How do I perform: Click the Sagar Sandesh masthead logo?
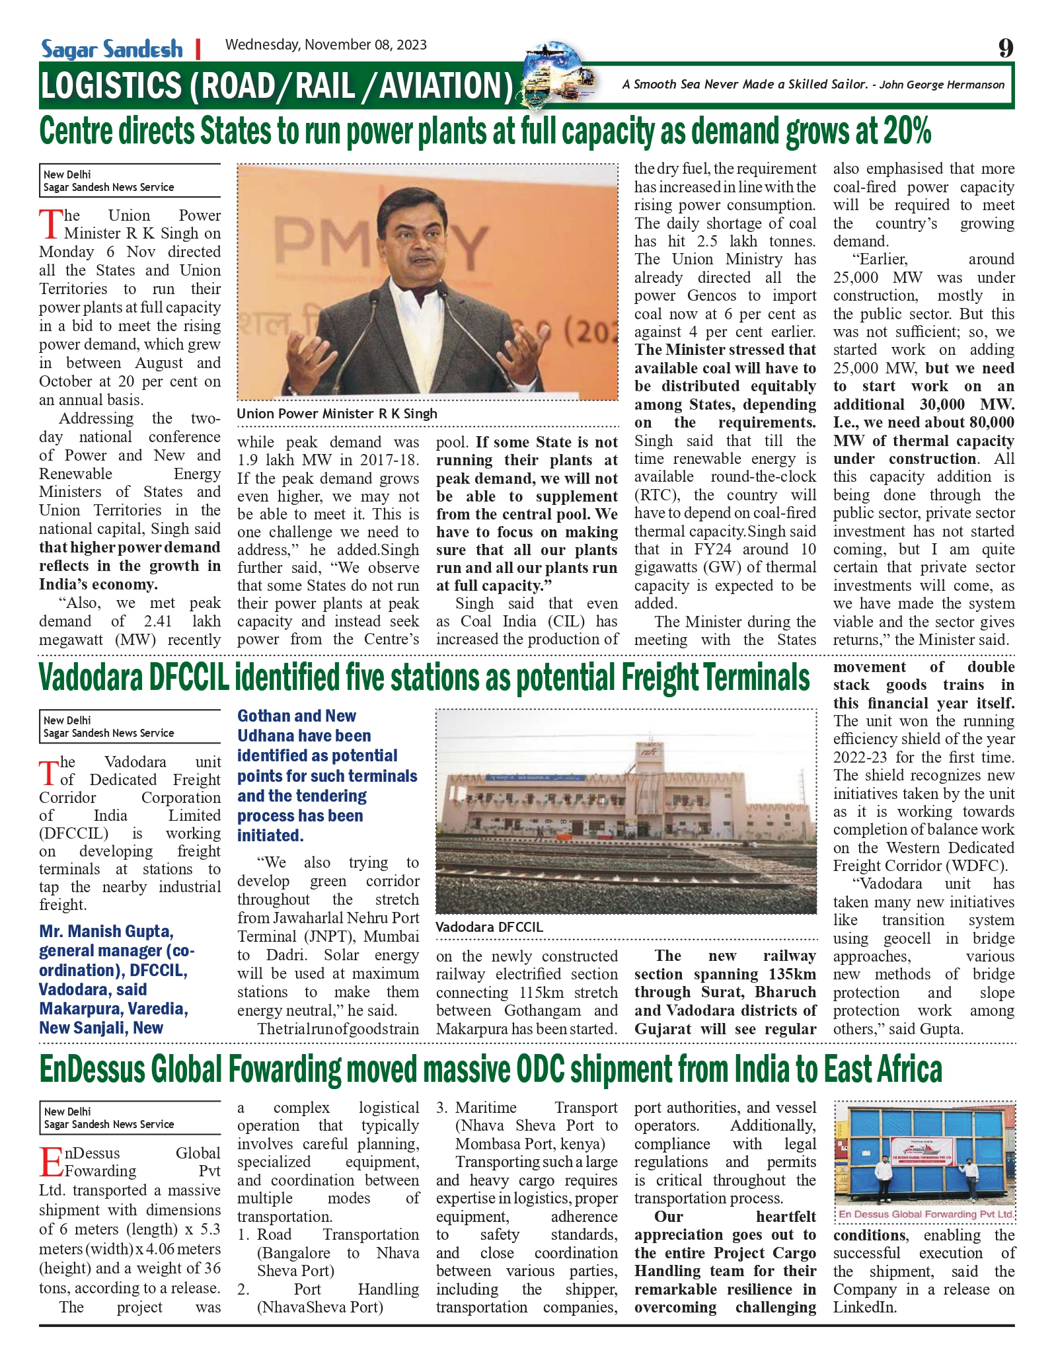click(x=112, y=49)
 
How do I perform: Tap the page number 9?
click(x=1005, y=48)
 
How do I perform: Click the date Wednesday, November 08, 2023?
click(x=326, y=45)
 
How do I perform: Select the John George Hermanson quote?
click(x=813, y=85)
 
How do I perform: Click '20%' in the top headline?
click(x=906, y=131)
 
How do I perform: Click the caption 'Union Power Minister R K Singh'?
click(x=337, y=414)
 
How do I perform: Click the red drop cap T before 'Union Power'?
click(x=50, y=225)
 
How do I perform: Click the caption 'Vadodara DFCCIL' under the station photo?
click(x=489, y=927)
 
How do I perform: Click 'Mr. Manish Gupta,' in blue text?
click(x=106, y=932)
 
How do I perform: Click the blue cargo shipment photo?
click(x=924, y=1154)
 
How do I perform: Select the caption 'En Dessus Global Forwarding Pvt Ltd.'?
click(x=924, y=1214)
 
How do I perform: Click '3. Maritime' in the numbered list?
click(x=468, y=1108)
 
